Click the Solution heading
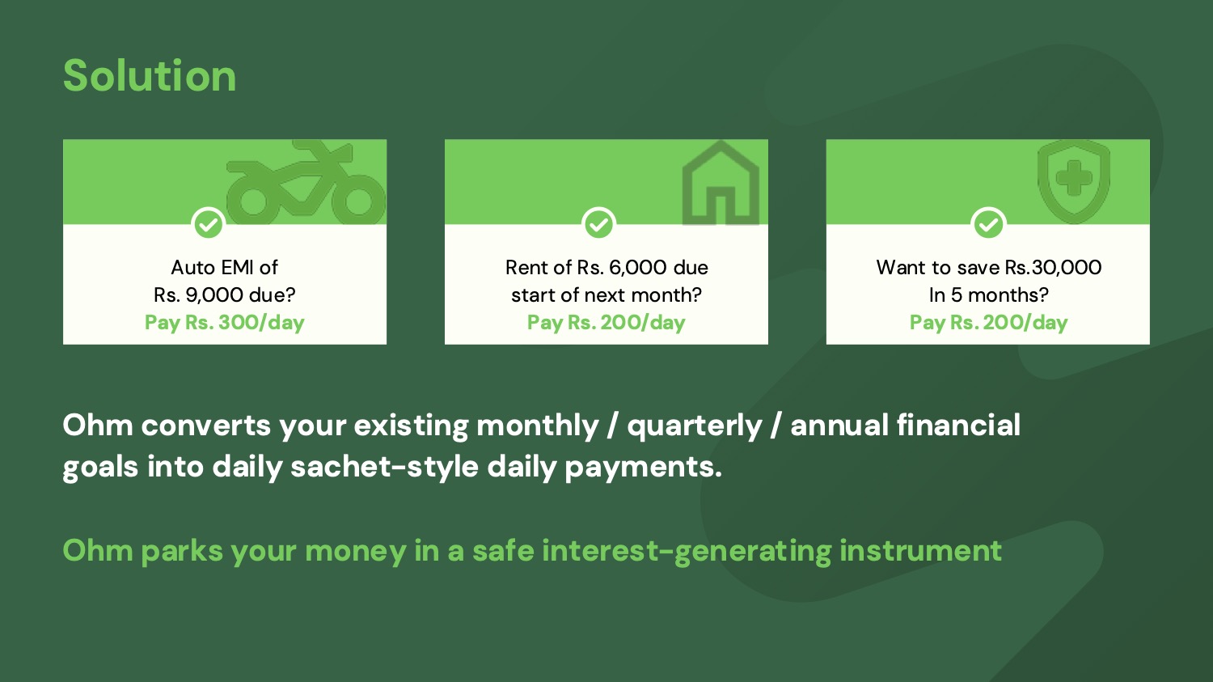(150, 75)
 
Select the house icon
(721, 183)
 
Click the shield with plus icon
(1074, 181)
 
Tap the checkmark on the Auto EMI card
(209, 223)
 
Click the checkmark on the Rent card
(598, 223)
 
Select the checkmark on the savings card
(988, 223)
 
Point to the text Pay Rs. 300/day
(224, 322)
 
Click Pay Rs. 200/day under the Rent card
(606, 322)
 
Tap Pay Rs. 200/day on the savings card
(988, 322)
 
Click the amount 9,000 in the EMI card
(214, 295)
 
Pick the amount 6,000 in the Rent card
(637, 268)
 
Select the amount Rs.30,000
(1053, 268)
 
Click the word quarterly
(695, 426)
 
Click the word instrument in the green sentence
(920, 550)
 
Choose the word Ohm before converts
(98, 425)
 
